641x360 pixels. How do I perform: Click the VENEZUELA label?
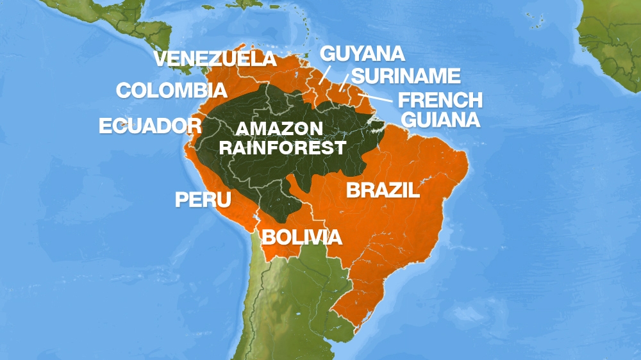pyautogui.click(x=215, y=59)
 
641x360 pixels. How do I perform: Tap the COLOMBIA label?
pyautogui.click(x=172, y=90)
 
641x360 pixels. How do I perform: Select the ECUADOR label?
pyautogui.click(x=150, y=126)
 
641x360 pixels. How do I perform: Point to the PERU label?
pyautogui.click(x=203, y=199)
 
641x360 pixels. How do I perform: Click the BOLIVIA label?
pyautogui.click(x=301, y=238)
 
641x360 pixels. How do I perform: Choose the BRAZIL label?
pyautogui.click(x=383, y=190)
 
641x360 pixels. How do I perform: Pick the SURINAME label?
pyautogui.click(x=406, y=76)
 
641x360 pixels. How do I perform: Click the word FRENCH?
pyautogui.click(x=440, y=101)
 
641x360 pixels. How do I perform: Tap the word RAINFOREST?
pyautogui.click(x=283, y=148)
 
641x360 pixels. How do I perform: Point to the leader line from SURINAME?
pyautogui.click(x=344, y=81)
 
